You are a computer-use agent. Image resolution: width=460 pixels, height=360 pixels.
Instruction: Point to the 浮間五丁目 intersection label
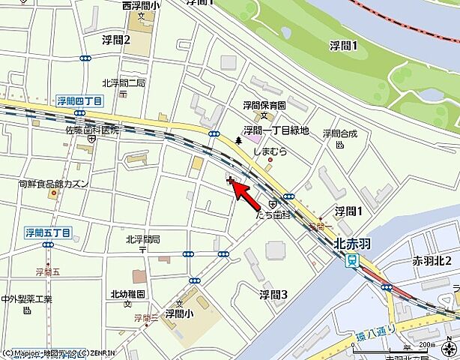(47, 232)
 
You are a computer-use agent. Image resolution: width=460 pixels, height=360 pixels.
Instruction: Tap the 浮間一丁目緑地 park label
(276, 130)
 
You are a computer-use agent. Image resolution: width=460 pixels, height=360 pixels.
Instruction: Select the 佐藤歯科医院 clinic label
(92, 130)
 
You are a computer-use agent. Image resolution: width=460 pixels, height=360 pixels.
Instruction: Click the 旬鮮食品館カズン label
(55, 183)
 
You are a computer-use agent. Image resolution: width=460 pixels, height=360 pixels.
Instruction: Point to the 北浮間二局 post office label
(124, 83)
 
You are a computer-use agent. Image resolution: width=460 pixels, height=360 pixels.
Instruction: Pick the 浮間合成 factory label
(340, 133)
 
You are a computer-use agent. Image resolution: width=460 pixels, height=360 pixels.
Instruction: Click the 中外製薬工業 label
(26, 299)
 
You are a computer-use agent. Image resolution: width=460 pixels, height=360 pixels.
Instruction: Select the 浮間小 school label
(179, 313)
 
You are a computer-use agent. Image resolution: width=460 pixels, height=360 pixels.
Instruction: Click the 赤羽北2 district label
(432, 261)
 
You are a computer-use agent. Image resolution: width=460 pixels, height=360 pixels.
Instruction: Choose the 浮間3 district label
(273, 293)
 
